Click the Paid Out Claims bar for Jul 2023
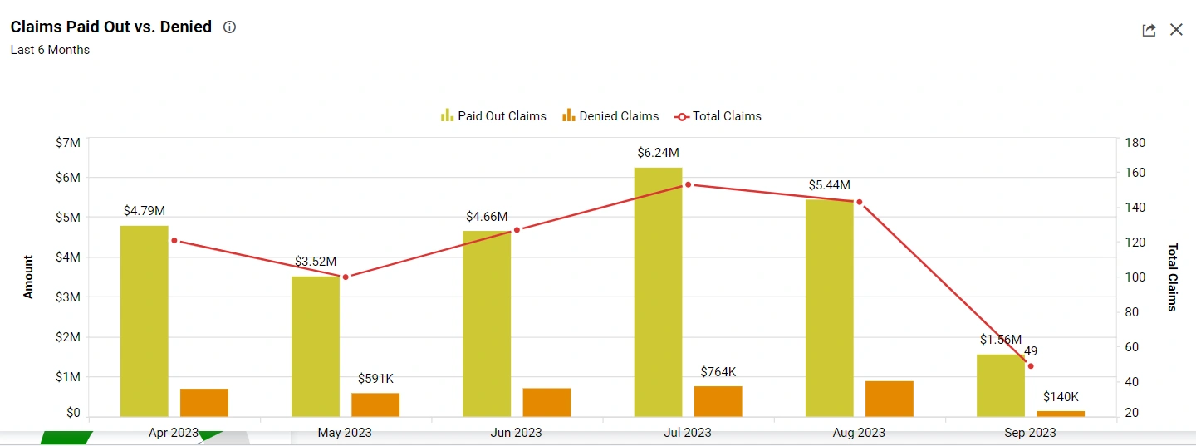pos(658,291)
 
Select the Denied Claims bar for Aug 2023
pos(890,399)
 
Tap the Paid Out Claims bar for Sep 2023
pos(1000,385)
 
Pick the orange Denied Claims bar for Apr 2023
pos(204,402)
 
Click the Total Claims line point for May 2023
pos(346,277)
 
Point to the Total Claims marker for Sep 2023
pos(1031,366)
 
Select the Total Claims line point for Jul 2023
pos(688,184)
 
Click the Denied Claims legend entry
pos(610,116)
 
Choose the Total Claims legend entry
pos(718,116)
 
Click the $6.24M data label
pos(658,153)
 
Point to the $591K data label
pos(375,379)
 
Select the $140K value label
pos(1061,397)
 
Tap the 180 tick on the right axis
pos(1135,143)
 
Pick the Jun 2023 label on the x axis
pos(516,432)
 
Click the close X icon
pos(1176,30)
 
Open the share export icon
pos(1149,30)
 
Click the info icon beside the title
pos(230,27)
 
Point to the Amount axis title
pos(28,277)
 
